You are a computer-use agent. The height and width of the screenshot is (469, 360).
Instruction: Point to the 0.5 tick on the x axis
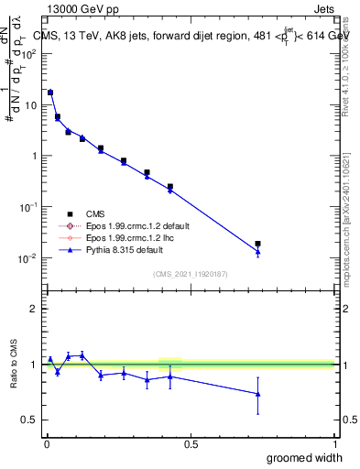(x=191, y=444)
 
